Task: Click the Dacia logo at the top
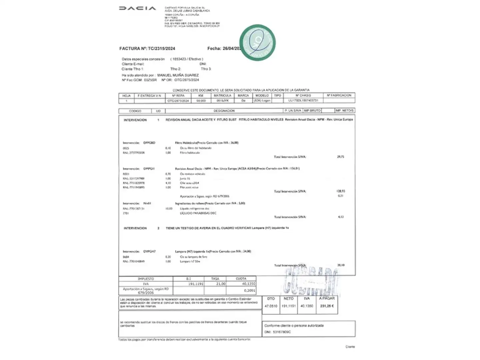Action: (x=137, y=8)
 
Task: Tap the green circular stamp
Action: (x=257, y=43)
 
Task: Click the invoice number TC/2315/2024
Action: (x=161, y=49)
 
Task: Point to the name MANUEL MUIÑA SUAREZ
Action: (x=178, y=75)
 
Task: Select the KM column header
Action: (x=201, y=96)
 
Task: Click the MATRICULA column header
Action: (x=222, y=96)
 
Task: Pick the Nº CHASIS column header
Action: (x=303, y=96)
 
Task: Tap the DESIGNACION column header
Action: (x=224, y=111)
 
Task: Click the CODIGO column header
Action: (x=135, y=111)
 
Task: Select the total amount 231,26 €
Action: (x=327, y=306)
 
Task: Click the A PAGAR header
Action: (x=327, y=299)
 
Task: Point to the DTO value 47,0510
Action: (x=271, y=306)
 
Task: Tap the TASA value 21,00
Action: (x=221, y=284)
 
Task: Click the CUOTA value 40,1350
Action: (x=248, y=284)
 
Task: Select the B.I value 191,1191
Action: (x=196, y=284)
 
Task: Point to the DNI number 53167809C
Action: (x=282, y=332)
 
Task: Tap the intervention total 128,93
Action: (x=341, y=191)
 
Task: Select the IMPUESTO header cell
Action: (x=146, y=279)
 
